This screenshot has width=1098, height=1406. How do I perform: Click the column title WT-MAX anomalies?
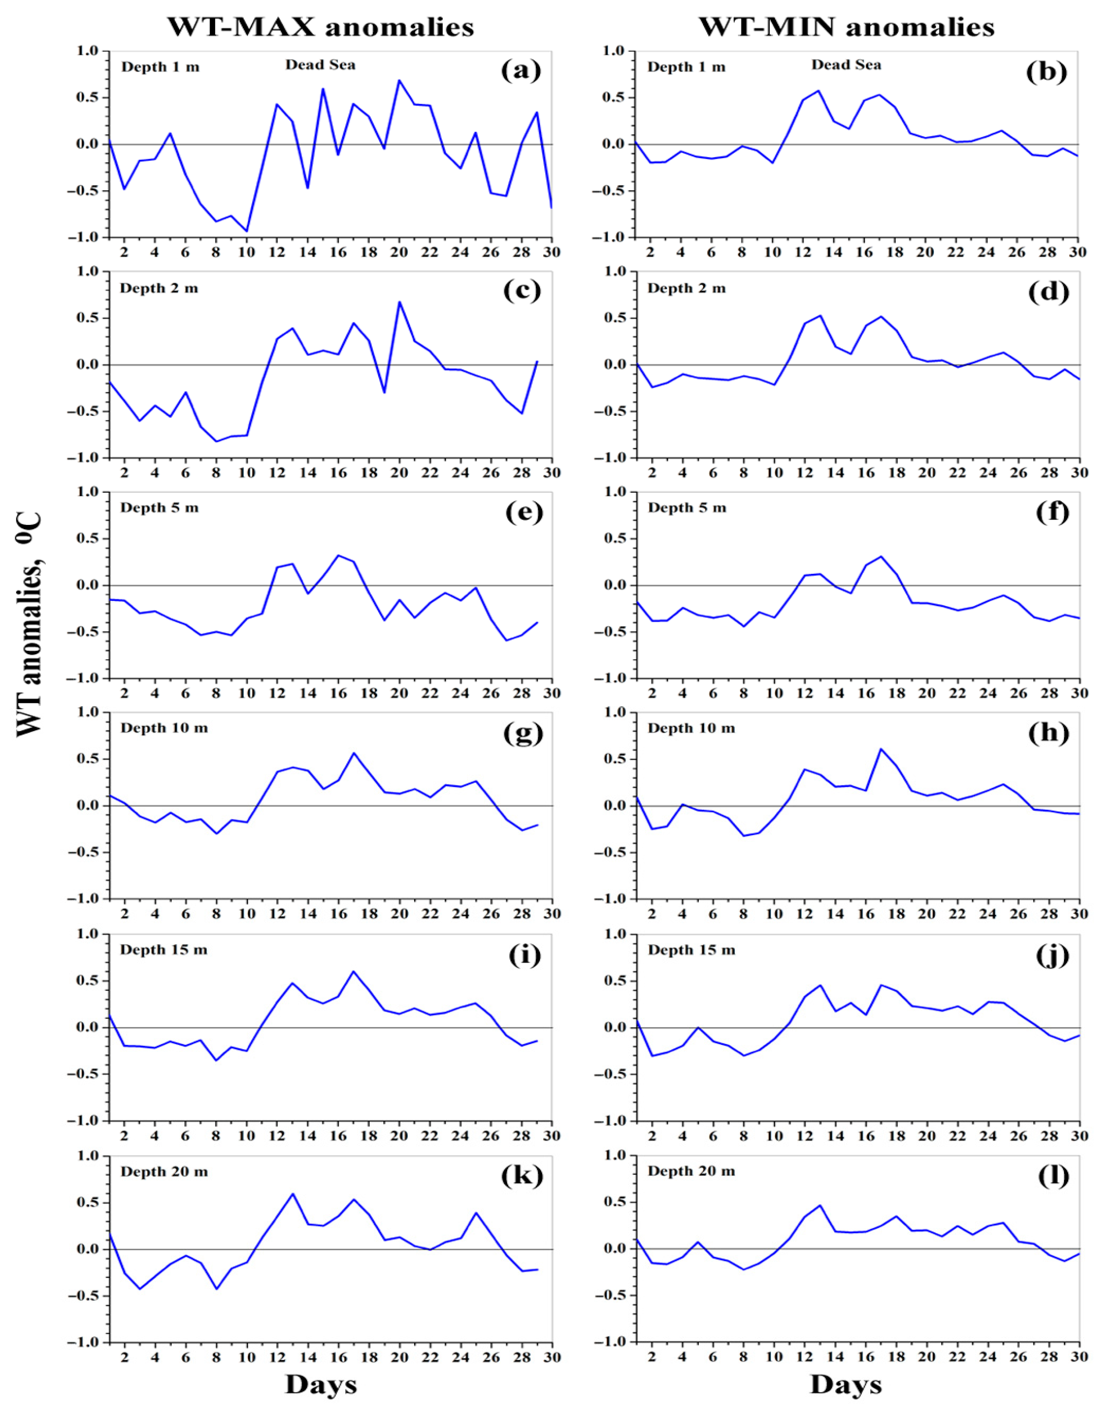point(321,27)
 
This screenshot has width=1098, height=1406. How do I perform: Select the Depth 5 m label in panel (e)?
point(160,508)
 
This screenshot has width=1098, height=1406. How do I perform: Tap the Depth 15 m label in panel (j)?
point(691,950)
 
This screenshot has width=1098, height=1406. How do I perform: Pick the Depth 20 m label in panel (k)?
point(164,1171)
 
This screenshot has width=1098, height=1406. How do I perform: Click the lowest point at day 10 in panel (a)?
point(246,231)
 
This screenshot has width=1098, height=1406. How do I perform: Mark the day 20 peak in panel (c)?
point(399,301)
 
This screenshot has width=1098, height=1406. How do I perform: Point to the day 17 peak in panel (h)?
point(881,749)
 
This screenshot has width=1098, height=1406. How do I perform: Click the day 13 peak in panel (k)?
point(292,1194)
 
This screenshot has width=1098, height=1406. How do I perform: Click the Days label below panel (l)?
point(845,1384)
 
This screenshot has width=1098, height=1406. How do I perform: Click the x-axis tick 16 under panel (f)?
point(866,693)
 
